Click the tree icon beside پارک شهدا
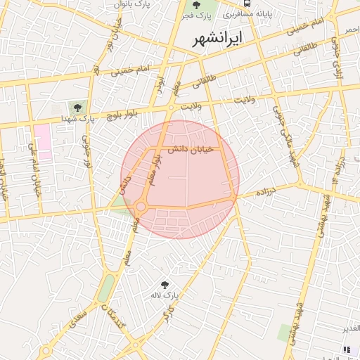pyautogui.click(x=77, y=108)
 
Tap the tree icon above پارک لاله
pyautogui.click(x=165, y=285)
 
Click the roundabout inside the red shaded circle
pyautogui.click(x=141, y=206)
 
